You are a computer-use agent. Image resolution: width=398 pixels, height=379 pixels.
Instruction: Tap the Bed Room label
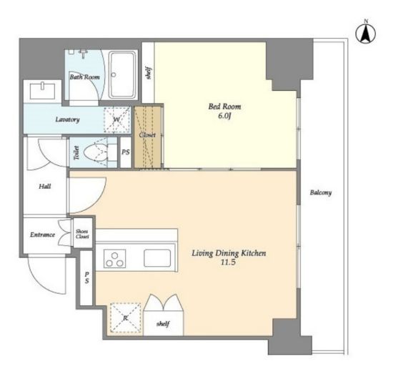click(x=224, y=106)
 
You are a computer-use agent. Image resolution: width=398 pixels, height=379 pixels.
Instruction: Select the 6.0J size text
click(x=224, y=116)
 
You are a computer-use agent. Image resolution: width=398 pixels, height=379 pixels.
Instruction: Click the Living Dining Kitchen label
click(x=229, y=253)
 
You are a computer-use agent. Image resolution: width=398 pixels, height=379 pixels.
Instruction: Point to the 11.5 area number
click(x=228, y=262)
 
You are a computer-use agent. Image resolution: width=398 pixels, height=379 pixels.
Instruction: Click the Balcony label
click(x=321, y=192)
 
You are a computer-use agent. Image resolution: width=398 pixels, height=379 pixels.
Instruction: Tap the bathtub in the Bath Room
click(x=123, y=75)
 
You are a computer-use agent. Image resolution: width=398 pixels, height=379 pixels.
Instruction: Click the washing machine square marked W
click(x=117, y=119)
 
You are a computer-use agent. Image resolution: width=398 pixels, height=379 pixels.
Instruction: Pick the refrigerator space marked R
click(x=125, y=318)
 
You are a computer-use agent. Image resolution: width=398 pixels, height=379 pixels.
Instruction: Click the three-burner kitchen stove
click(x=115, y=259)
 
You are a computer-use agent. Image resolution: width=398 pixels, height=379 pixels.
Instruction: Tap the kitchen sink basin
click(x=157, y=258)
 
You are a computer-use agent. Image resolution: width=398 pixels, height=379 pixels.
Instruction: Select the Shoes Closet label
click(x=82, y=234)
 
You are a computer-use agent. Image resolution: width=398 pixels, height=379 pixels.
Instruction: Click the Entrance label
click(x=42, y=235)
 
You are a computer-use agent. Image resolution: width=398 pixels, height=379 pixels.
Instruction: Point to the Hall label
click(x=45, y=187)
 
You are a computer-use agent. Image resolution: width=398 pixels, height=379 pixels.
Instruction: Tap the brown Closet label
click(x=147, y=135)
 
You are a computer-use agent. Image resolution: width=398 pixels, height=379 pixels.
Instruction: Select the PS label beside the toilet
click(x=126, y=152)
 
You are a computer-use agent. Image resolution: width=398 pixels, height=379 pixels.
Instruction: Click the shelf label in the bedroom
click(x=149, y=73)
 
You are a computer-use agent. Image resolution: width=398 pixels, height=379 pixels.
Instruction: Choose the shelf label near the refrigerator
click(x=163, y=324)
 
